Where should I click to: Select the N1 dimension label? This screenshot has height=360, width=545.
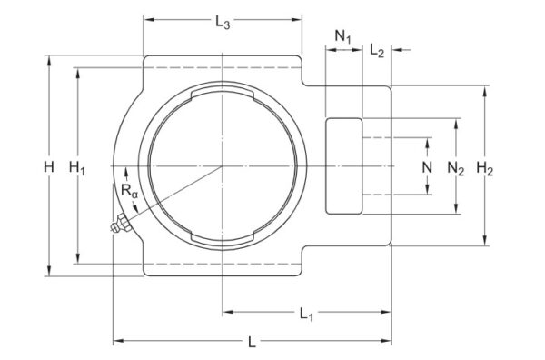[x=343, y=35]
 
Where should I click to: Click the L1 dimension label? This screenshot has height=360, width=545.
[x=307, y=314]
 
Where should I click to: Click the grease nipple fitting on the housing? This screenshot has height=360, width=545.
[x=116, y=226]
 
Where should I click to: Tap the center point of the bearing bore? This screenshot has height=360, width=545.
[x=222, y=166]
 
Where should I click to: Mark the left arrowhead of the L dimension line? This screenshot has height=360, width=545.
[x=115, y=341]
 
